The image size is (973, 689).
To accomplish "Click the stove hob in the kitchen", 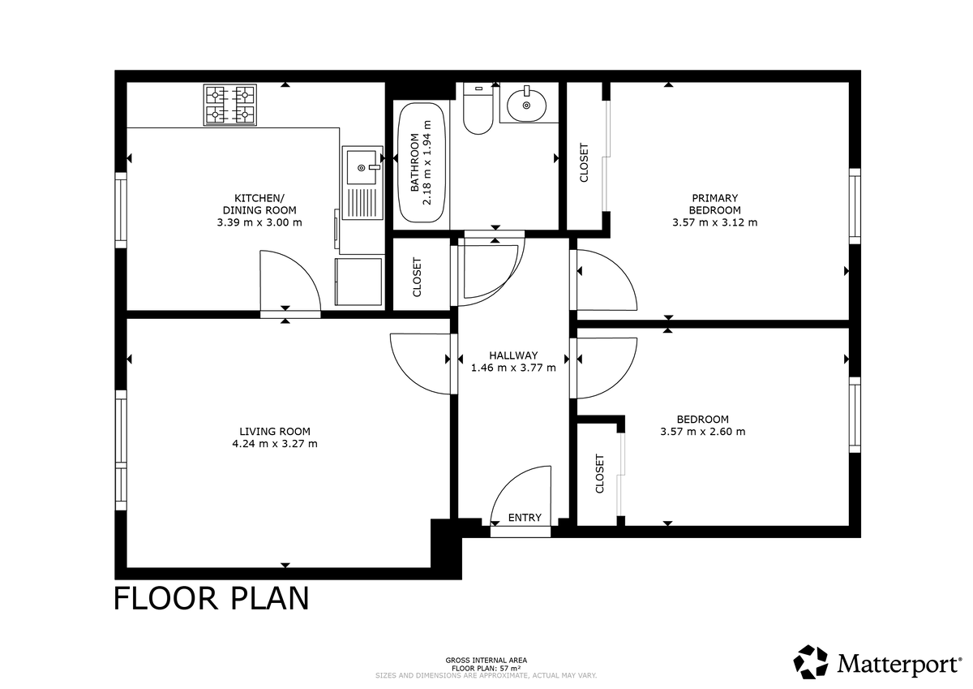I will [x=229, y=106].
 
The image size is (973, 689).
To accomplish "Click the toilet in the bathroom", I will [x=478, y=110].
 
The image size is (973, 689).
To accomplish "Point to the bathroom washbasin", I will [x=528, y=104].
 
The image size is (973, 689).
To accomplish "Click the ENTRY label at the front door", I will [x=524, y=518].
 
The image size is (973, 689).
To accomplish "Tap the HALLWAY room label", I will [x=513, y=355].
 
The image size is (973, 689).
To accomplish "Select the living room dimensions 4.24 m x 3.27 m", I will [x=274, y=444].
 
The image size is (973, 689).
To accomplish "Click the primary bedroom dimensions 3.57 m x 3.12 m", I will [x=714, y=222].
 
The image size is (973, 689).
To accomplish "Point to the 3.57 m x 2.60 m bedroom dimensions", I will [x=702, y=432].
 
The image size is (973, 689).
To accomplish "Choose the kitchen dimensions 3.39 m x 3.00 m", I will [x=259, y=222].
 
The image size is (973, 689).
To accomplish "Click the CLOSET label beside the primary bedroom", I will [x=585, y=163].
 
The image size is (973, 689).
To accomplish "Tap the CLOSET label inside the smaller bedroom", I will [x=600, y=474].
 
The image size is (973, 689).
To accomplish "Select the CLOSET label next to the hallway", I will [x=418, y=278].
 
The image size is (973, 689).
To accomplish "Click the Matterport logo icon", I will [x=811, y=661].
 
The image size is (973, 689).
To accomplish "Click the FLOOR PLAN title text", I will [x=211, y=599].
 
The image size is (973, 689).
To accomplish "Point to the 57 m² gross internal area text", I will [x=486, y=668].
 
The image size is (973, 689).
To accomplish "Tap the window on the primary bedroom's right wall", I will [x=854, y=206].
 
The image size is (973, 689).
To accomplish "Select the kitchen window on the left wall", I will [x=121, y=210].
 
